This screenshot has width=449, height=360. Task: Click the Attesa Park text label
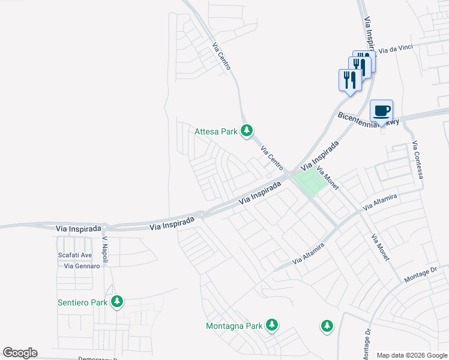click(x=216, y=131)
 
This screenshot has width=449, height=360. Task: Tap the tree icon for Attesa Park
click(x=246, y=130)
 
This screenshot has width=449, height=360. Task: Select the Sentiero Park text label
click(x=82, y=302)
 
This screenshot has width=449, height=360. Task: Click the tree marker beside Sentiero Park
click(x=118, y=301)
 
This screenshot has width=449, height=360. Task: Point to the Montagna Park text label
click(x=234, y=326)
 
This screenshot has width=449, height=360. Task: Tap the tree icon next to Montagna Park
click(x=272, y=325)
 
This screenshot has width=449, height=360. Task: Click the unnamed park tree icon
click(x=326, y=326)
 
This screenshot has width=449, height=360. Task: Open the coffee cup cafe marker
click(x=382, y=110)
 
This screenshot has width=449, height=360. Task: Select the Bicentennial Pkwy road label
click(x=369, y=118)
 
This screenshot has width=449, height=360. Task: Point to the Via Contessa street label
click(x=418, y=160)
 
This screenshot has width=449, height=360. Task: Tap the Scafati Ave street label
click(x=75, y=255)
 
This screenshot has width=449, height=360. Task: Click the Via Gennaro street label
click(x=82, y=266)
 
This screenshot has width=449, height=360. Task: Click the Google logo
click(x=20, y=353)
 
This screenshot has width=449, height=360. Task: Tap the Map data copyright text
click(x=412, y=355)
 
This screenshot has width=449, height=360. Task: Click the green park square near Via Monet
click(x=310, y=182)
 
